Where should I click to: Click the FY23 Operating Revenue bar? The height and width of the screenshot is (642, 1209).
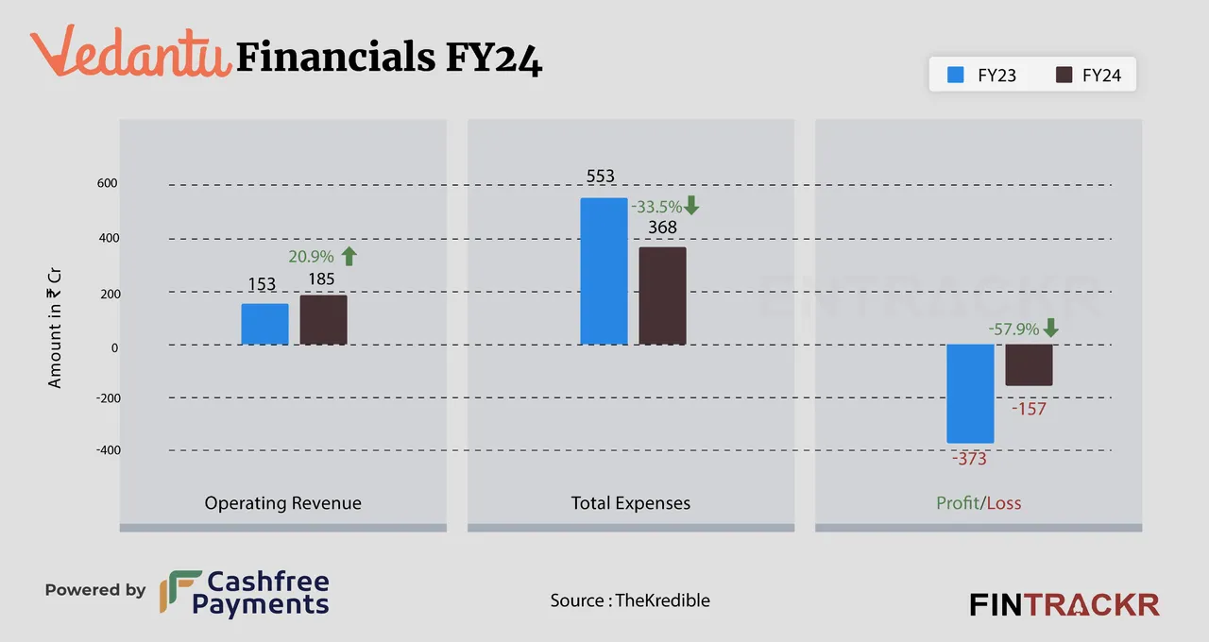click(264, 324)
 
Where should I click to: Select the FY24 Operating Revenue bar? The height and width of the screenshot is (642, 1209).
click(323, 320)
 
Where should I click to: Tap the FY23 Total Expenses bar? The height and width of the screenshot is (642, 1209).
click(604, 271)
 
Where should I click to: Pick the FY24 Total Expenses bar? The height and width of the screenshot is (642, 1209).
click(662, 296)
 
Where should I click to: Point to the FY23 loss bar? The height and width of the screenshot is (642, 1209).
click(970, 394)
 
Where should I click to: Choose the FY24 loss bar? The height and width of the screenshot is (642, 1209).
click(1029, 364)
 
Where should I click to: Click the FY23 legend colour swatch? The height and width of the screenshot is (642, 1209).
click(955, 75)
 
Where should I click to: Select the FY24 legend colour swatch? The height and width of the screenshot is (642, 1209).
click(1064, 75)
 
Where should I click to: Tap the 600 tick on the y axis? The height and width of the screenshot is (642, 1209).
click(107, 183)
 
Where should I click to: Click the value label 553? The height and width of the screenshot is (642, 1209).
click(600, 177)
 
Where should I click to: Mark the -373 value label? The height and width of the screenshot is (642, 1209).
click(969, 459)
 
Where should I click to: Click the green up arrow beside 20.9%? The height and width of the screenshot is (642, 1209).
click(349, 256)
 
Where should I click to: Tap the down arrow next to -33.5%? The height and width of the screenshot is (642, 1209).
click(691, 206)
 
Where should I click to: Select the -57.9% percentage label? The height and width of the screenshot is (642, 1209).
click(1013, 329)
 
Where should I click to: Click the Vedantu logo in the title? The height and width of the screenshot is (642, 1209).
click(130, 52)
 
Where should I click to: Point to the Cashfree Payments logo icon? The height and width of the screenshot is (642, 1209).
click(179, 592)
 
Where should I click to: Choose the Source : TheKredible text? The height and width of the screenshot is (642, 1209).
click(630, 600)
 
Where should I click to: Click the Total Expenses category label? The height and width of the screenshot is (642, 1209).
click(630, 503)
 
